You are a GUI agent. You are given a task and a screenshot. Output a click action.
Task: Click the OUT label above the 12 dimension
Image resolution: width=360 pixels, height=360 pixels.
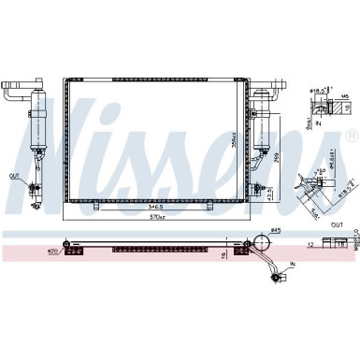(338, 224)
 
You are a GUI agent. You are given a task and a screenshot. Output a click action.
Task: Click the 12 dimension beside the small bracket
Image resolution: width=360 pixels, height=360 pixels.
(310, 244)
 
